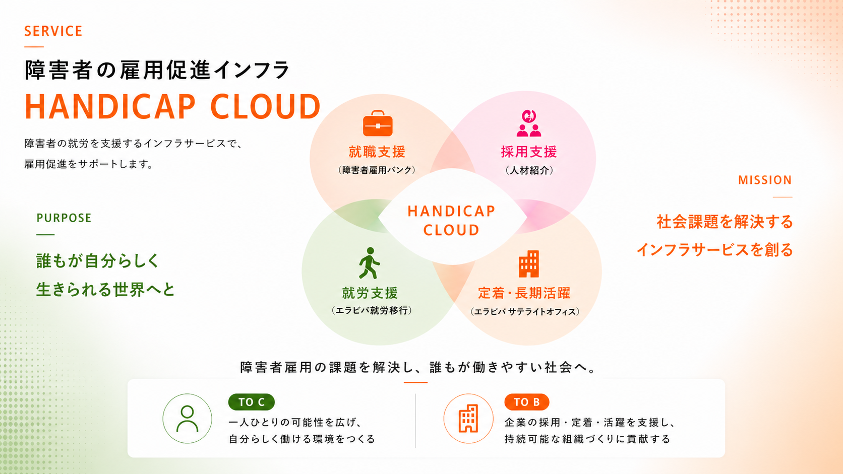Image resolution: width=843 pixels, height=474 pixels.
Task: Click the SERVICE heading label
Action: [53, 31]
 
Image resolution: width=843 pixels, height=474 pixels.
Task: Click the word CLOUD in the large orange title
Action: [265, 107]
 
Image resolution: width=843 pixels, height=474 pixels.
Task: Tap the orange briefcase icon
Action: [378, 123]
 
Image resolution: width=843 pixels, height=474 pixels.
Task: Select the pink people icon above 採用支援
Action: [529, 124]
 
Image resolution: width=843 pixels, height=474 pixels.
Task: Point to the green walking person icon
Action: [370, 263]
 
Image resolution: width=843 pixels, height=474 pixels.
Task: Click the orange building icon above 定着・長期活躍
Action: [528, 263]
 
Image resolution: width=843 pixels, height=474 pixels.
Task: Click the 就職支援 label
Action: [377, 152]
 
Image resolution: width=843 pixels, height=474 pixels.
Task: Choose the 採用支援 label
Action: [529, 152]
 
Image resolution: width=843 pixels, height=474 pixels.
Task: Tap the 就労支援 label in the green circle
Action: [370, 293]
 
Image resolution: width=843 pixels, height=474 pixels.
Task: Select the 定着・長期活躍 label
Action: [524, 293]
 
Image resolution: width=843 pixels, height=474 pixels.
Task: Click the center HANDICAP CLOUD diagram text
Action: [451, 221]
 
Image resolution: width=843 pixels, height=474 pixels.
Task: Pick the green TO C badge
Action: [251, 402]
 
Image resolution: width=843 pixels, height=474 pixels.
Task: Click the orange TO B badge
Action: [526, 402]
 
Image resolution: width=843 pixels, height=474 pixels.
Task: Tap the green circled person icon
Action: [187, 419]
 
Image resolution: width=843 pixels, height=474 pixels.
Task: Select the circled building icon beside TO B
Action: [468, 419]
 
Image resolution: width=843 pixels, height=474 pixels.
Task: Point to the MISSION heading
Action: [765, 180]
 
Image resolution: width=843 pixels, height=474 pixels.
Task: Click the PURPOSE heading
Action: [64, 218]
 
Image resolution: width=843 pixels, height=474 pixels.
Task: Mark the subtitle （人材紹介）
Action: [529, 170]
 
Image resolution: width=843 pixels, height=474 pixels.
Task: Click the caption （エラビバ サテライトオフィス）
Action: [525, 312]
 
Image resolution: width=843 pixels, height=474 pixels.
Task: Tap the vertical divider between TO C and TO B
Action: [415, 421]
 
